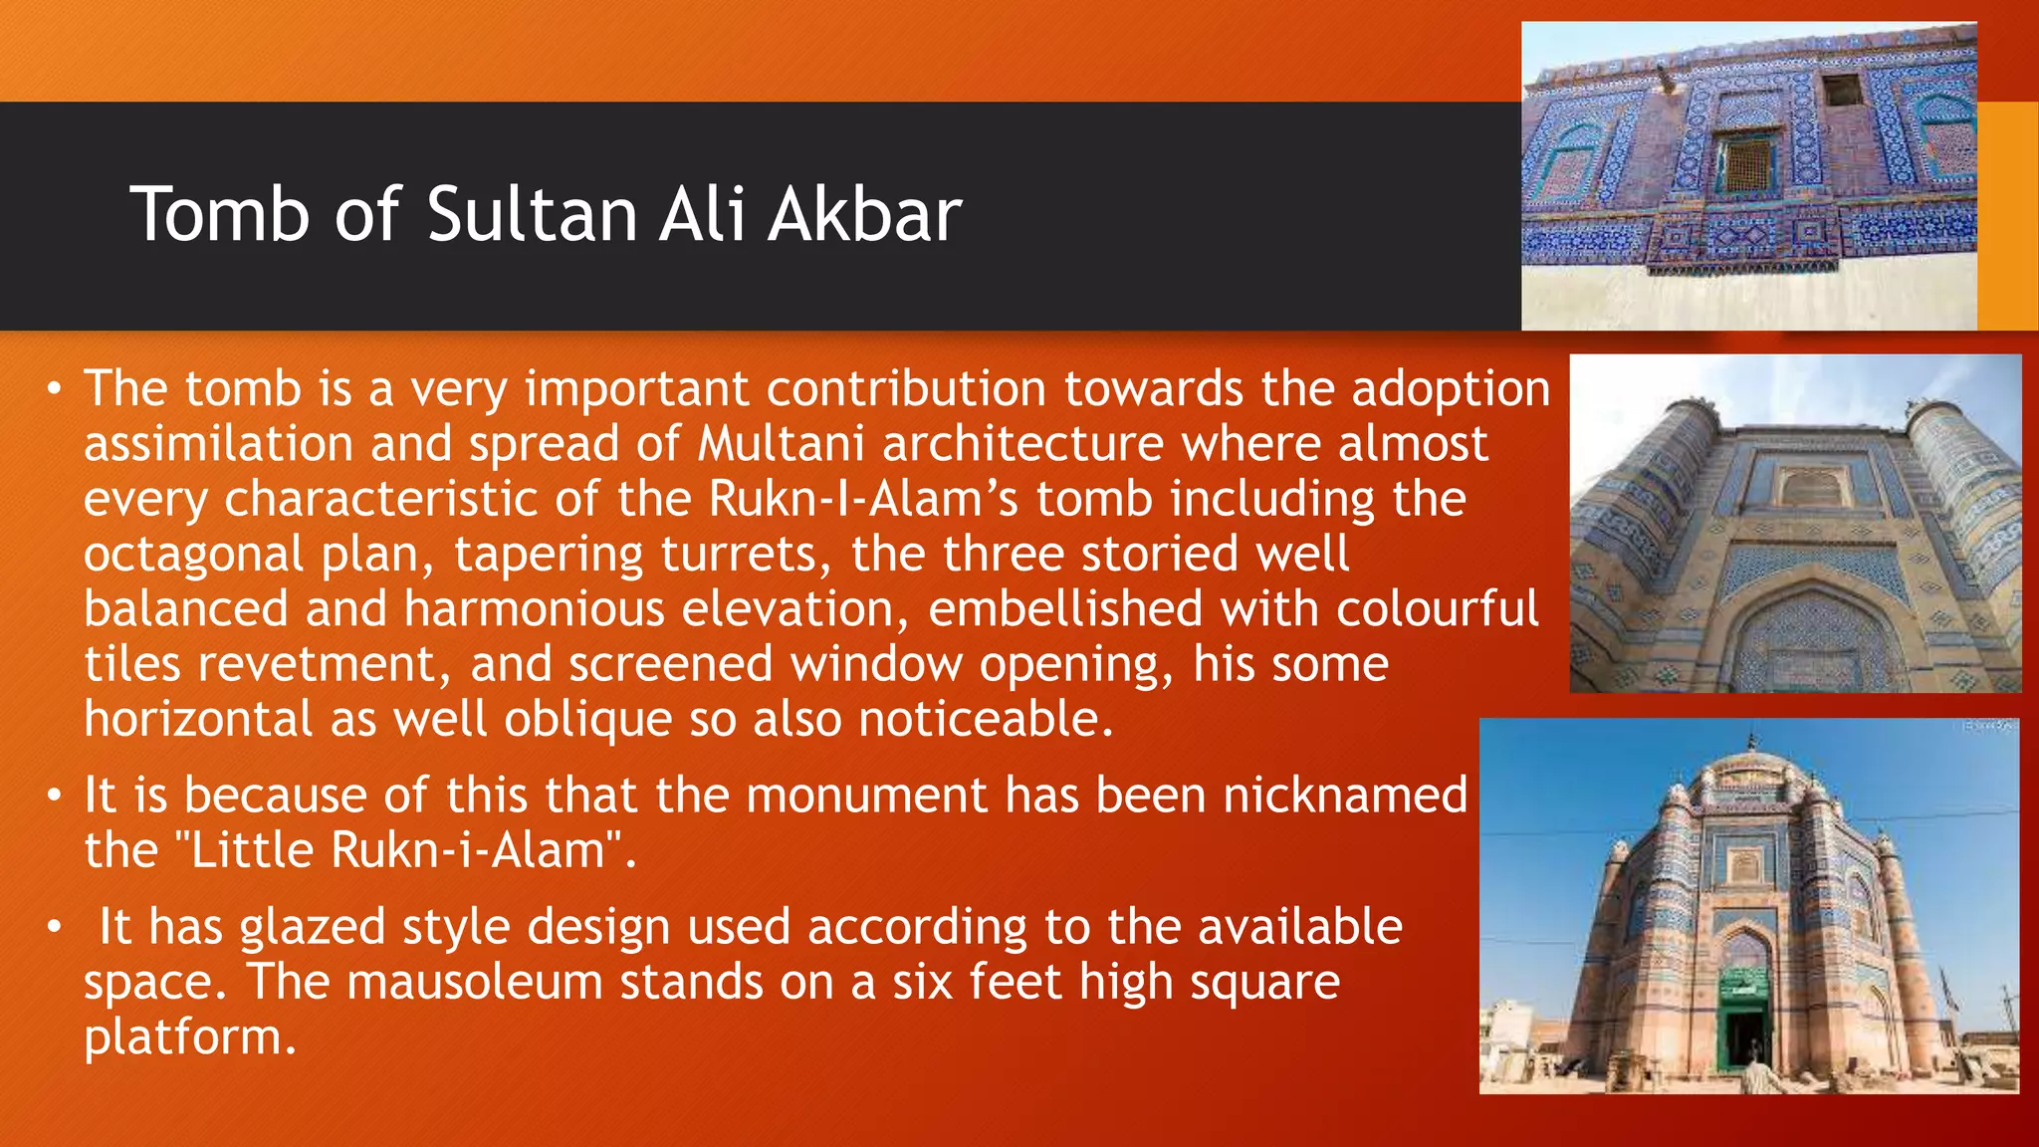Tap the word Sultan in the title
click(532, 214)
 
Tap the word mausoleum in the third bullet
click(475, 982)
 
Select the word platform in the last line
click(189, 1037)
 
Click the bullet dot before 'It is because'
click(55, 797)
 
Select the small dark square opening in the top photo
click(1843, 90)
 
